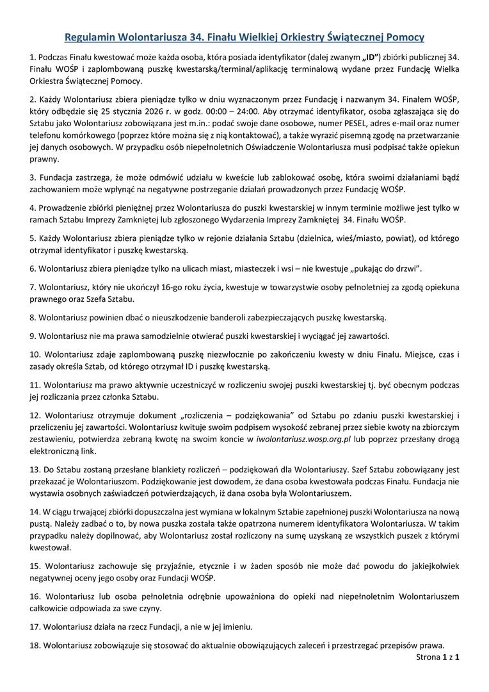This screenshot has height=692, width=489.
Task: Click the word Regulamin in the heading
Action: pyautogui.click(x=92, y=37)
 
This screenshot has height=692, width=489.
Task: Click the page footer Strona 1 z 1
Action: pyautogui.click(x=438, y=657)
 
